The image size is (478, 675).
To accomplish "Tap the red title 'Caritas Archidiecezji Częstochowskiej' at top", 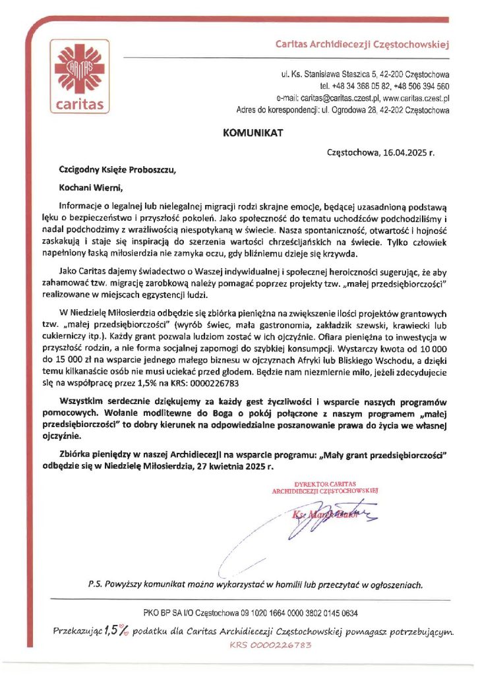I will pyautogui.click(x=361, y=45).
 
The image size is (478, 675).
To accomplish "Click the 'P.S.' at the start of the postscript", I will pyautogui.click(x=95, y=584).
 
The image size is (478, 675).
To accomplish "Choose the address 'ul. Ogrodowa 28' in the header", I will pyautogui.click(x=352, y=110).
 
